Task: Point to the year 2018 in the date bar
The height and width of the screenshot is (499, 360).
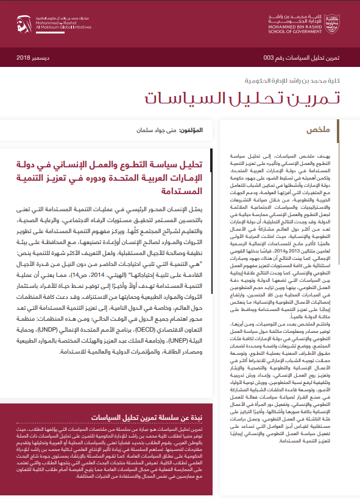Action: point(23,58)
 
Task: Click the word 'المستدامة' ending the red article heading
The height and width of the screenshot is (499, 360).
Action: point(187,193)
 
